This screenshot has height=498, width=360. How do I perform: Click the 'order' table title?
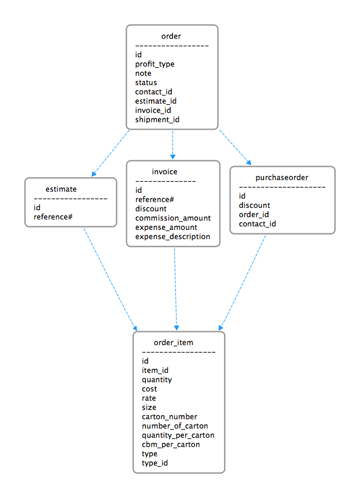point(171,36)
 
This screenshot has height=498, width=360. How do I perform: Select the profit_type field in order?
point(155,64)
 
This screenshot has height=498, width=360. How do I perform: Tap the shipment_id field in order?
point(157,120)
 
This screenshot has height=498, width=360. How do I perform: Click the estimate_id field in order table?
point(156,101)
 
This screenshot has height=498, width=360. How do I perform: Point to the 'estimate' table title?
point(61,189)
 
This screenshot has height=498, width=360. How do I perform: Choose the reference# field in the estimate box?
point(53,217)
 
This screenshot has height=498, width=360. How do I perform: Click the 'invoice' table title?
point(164,172)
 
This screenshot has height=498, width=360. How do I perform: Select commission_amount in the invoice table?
point(173,218)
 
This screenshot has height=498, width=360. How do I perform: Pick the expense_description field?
point(172,237)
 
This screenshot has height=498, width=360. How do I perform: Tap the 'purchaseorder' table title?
point(282,178)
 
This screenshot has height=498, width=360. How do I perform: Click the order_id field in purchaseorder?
point(254,215)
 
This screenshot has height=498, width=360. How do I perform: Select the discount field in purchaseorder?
point(255,206)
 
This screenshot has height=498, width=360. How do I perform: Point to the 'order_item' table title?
point(174,343)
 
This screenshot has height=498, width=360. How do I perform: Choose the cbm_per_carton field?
point(171,445)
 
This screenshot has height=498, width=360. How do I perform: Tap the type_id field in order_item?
point(155,463)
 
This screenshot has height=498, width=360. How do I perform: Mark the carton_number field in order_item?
point(170,417)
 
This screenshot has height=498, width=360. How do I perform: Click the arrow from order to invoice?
point(172,144)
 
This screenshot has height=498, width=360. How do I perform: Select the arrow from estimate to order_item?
point(110,279)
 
